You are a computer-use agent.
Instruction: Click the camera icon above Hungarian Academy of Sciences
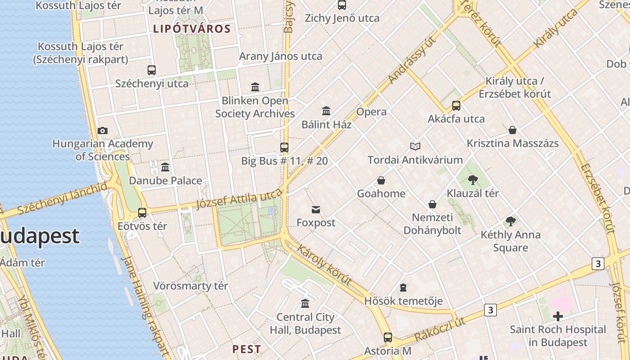pyautogui.click(x=103, y=131)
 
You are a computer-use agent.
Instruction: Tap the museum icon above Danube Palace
pyautogui.click(x=165, y=167)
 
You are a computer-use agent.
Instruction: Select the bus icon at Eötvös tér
pyautogui.click(x=142, y=213)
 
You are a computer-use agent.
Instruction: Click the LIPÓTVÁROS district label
pyautogui.click(x=192, y=29)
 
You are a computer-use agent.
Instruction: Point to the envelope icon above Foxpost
pyautogui.click(x=316, y=210)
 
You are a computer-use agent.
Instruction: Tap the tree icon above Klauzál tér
pyautogui.click(x=472, y=180)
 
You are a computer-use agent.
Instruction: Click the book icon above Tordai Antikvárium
pyautogui.click(x=415, y=147)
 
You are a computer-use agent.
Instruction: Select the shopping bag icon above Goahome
pyautogui.click(x=381, y=181)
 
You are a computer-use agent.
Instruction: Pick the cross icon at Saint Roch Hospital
pyautogui.click(x=558, y=316)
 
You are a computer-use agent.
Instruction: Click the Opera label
pyautogui.click(x=371, y=112)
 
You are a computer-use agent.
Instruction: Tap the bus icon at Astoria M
pyautogui.click(x=387, y=337)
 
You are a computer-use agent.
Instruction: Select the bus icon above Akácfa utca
pyautogui.click(x=456, y=106)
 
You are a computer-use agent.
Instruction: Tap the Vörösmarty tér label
pyautogui.click(x=190, y=286)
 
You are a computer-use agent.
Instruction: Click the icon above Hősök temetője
pyautogui.click(x=403, y=288)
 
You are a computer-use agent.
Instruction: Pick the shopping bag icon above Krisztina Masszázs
pyautogui.click(x=513, y=130)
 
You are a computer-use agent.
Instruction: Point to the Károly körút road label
pyautogui.click(x=324, y=265)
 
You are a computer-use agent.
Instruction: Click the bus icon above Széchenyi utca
pyautogui.click(x=152, y=70)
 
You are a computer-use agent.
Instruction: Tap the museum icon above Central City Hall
pyautogui.click(x=305, y=304)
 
